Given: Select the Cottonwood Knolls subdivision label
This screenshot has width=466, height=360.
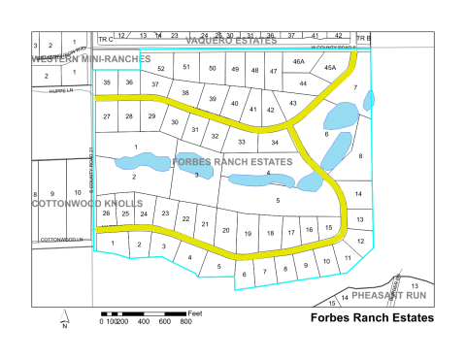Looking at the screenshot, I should [x=80, y=205].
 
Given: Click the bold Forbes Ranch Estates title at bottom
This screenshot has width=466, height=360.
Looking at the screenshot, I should [x=371, y=317].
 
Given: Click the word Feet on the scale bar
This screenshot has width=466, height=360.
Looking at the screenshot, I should [x=196, y=312].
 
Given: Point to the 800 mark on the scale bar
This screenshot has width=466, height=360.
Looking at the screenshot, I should [x=185, y=321].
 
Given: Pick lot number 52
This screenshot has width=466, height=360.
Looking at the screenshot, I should [x=160, y=70].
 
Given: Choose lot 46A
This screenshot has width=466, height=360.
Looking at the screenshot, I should [x=299, y=62].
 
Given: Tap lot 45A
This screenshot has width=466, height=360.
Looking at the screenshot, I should [x=330, y=67].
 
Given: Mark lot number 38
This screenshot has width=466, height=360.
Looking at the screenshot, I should [x=184, y=93].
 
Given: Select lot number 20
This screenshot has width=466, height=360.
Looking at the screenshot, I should [x=225, y=230].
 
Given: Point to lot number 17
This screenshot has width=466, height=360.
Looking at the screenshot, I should [x=290, y=233].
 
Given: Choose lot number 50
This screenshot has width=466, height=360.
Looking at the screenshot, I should [x=212, y=68].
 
